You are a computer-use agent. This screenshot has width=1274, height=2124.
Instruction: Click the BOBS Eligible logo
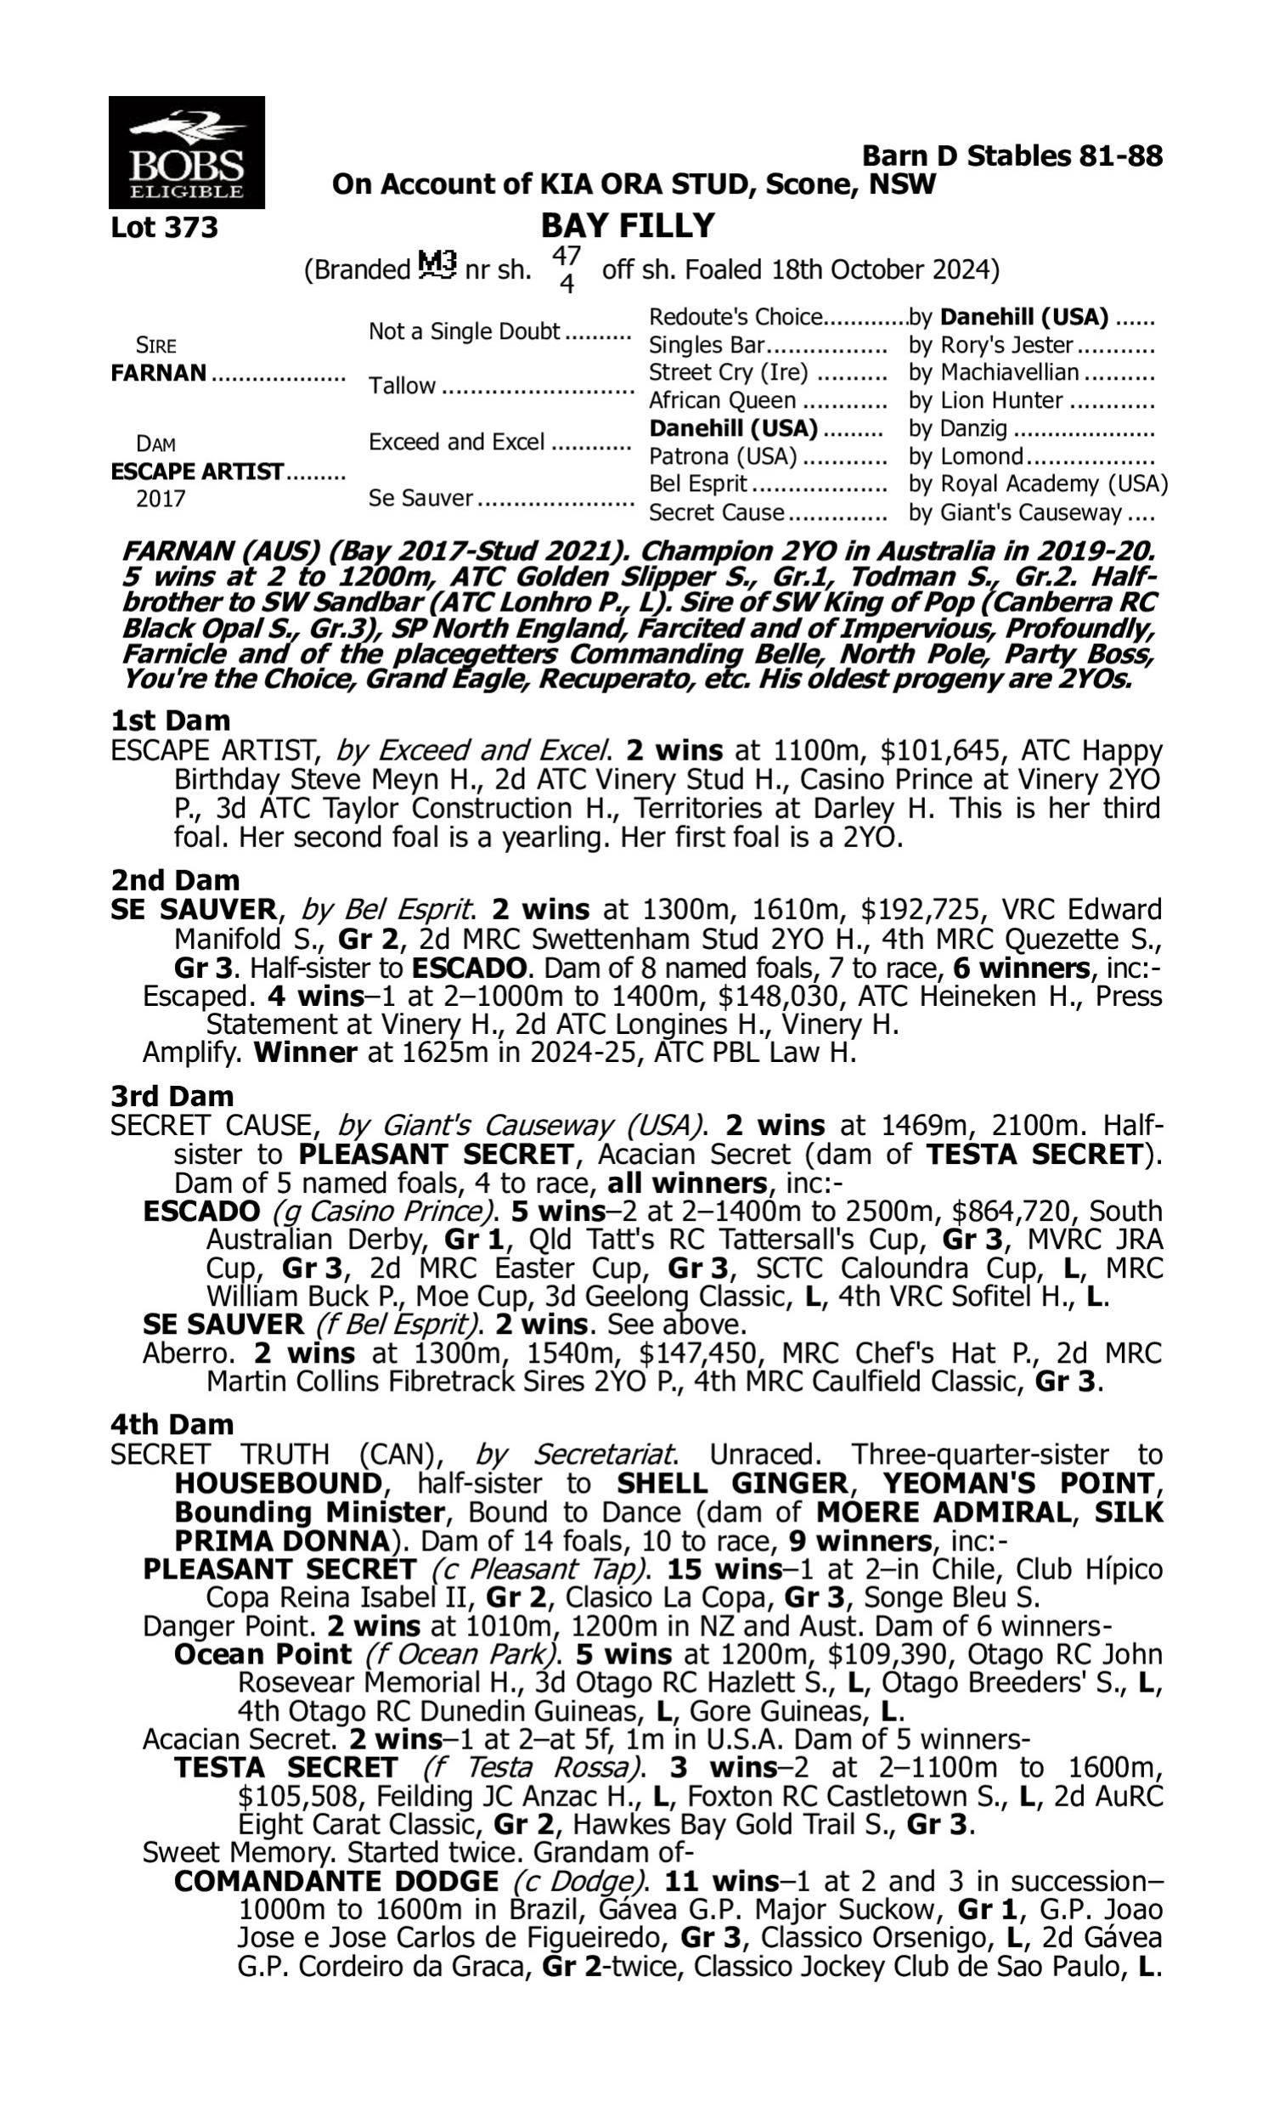[x=186, y=152]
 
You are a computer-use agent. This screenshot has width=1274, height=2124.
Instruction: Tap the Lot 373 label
[x=165, y=228]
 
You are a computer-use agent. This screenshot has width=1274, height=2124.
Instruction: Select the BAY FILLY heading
[x=628, y=226]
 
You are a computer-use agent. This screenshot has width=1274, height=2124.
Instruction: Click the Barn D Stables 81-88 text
[x=1012, y=156]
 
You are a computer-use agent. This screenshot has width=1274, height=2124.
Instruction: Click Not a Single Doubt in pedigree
[x=464, y=331]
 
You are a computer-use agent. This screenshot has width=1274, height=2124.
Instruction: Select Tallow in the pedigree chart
[x=402, y=386]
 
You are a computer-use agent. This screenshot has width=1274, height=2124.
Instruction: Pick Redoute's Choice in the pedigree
[x=736, y=318]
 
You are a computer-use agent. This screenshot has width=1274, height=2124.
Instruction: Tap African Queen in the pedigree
[x=722, y=400]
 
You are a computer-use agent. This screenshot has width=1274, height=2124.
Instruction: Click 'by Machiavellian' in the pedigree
[x=993, y=373]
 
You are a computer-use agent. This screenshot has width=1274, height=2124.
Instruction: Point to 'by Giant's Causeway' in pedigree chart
[x=1015, y=512]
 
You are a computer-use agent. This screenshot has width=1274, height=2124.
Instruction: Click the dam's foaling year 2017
[x=161, y=499]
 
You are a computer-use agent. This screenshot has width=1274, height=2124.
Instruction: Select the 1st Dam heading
[x=171, y=720]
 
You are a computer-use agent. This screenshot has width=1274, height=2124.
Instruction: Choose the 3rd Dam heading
[x=172, y=1096]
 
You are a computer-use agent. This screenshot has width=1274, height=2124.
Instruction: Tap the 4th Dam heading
[x=172, y=1424]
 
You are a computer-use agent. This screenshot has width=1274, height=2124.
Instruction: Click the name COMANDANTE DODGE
[x=335, y=1881]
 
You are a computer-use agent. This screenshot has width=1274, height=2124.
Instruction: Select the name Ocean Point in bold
[x=262, y=1654]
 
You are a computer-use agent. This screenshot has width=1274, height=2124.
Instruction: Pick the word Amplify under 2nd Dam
[x=189, y=1053]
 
